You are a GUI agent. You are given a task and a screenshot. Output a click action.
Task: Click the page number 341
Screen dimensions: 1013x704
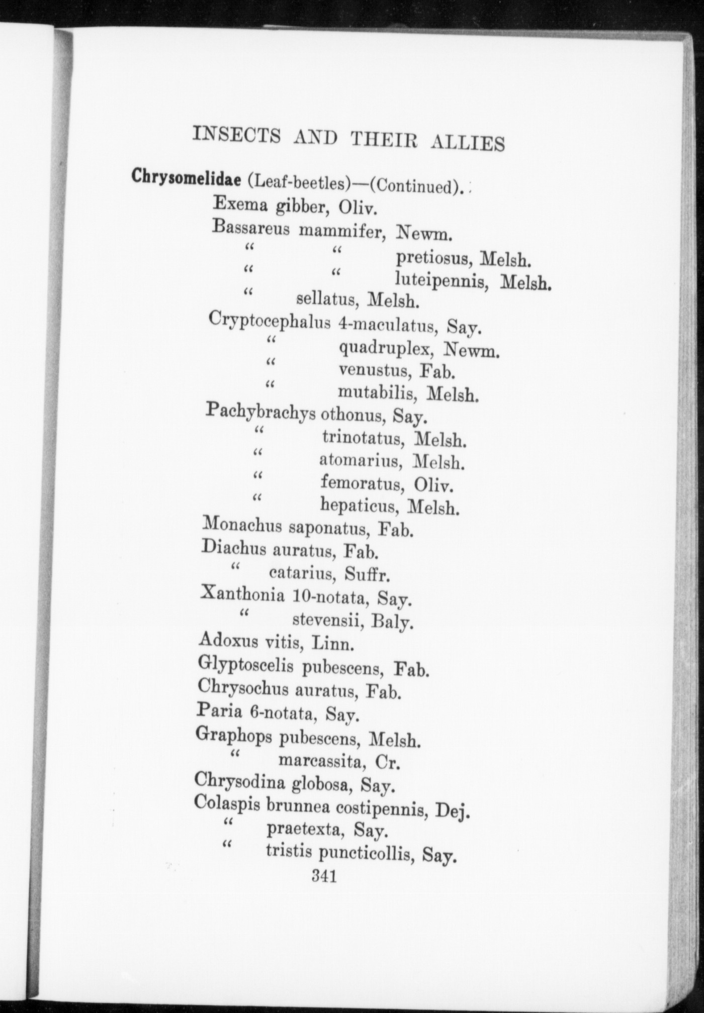pos(324,876)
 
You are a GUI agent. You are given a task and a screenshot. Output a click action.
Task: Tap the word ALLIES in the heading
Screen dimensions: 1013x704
pos(468,143)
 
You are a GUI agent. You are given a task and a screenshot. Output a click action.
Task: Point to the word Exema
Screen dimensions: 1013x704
pos(237,203)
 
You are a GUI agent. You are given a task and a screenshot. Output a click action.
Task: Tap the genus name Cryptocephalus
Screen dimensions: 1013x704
pos(270,321)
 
